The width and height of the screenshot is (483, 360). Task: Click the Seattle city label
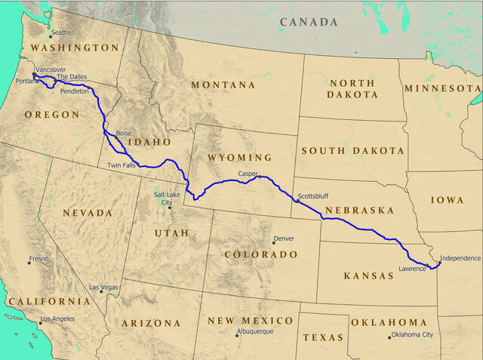[61, 32]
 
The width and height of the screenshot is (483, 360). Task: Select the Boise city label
[123, 133]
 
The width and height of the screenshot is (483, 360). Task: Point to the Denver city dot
[274, 242]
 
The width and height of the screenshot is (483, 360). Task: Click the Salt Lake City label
[168, 198]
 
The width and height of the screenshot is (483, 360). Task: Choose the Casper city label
[248, 174]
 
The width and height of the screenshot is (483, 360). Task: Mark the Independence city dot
[440, 263]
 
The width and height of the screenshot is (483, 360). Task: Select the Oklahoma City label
[414, 334]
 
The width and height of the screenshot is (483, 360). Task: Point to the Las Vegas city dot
[101, 291]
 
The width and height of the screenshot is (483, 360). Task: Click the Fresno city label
[38, 259]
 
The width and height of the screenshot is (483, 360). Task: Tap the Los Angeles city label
[57, 319]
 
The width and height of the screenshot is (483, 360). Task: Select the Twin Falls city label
[122, 165]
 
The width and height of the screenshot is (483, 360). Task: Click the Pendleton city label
[75, 91]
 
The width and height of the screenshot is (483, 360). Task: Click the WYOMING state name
[240, 158]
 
